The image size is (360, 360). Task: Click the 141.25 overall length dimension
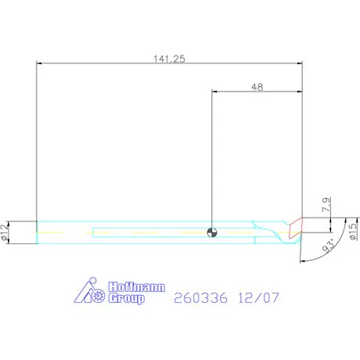(x=169, y=59)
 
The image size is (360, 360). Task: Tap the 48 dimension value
(x=257, y=87)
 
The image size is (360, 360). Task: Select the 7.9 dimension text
(x=326, y=205)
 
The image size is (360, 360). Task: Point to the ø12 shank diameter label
(x=5, y=232)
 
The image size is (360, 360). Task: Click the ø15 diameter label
(x=352, y=232)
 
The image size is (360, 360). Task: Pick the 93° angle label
(x=329, y=246)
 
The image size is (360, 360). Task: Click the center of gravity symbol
(x=212, y=232)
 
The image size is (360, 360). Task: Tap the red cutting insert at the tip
(x=296, y=228)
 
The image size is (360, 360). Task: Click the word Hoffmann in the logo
(x=137, y=287)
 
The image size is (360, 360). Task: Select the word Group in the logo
(x=126, y=298)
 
